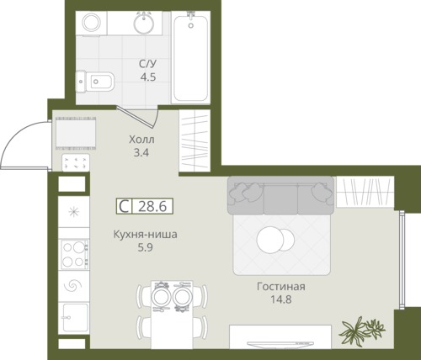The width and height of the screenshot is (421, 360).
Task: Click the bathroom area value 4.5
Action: pyautogui.click(x=148, y=77)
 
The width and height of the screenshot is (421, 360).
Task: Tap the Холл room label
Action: pyautogui.click(x=141, y=140)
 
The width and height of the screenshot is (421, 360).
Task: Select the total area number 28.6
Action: pyautogui.click(x=152, y=206)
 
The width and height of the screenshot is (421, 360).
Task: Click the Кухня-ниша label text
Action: pyautogui.click(x=145, y=234)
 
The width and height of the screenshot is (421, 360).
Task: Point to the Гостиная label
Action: pyautogui.click(x=281, y=287)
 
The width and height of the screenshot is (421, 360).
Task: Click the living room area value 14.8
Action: pyautogui.click(x=281, y=299)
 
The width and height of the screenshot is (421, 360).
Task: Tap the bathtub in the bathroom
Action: pyautogui.click(x=191, y=58)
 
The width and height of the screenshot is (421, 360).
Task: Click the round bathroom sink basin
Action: pyautogui.click(x=144, y=23)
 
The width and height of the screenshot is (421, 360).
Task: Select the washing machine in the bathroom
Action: pyautogui.click(x=92, y=24)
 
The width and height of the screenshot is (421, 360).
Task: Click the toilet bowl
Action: pyautogui.click(x=95, y=82)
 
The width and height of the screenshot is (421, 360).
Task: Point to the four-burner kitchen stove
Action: pyautogui.click(x=75, y=254)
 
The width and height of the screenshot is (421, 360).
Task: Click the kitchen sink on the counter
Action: pyautogui.click(x=74, y=318)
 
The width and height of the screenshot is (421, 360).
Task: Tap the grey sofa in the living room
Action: pyautogui.click(x=280, y=195)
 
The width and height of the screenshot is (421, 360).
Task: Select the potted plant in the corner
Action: pyautogui.click(x=362, y=330)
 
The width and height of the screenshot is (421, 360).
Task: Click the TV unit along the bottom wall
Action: pyautogui.click(x=280, y=337)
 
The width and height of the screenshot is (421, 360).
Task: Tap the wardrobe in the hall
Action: pyautogui.click(x=195, y=140)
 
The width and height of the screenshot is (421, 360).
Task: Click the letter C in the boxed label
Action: pyautogui.click(x=124, y=206)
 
